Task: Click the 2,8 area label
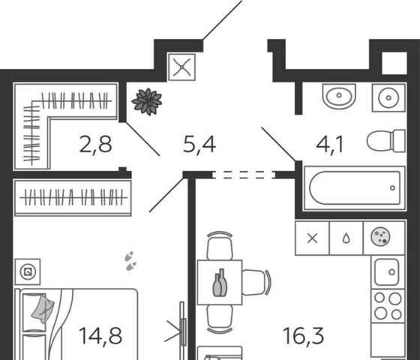point(95,145)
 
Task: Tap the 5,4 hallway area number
point(199,145)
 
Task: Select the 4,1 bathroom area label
point(329,145)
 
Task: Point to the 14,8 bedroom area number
point(100,336)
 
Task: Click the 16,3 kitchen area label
point(303,336)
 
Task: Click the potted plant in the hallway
point(147,101)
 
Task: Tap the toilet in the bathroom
point(385,141)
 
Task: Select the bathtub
point(354,188)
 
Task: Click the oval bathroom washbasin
point(339,96)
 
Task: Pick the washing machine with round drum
point(388,97)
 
